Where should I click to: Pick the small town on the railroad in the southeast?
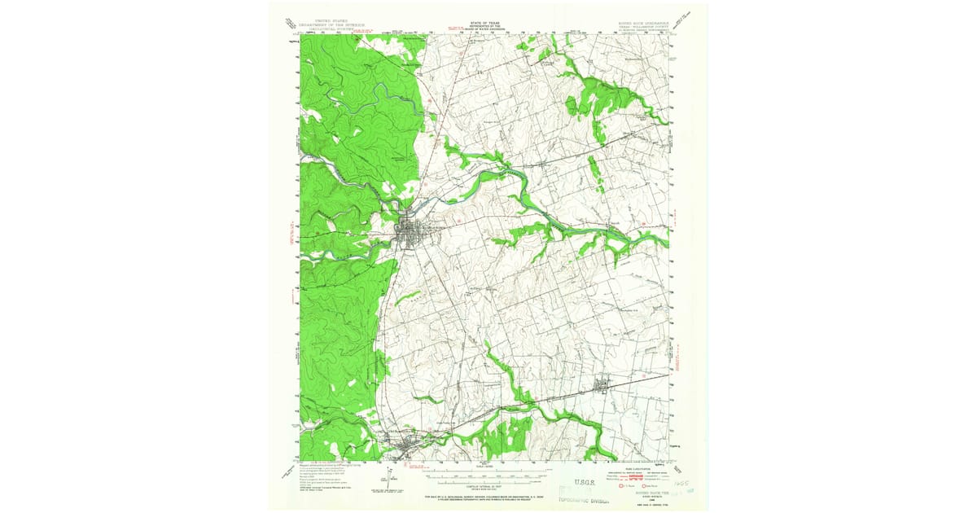pyautogui.click(x=604, y=386)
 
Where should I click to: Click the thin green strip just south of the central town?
pyautogui.click(x=407, y=297)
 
